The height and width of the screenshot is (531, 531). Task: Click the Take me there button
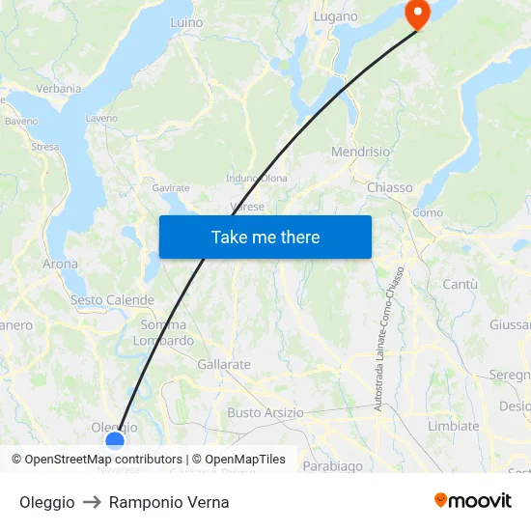pyautogui.click(x=265, y=237)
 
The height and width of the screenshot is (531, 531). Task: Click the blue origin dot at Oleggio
pyautogui.click(x=115, y=441)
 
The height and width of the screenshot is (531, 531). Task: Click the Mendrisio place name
pyautogui.click(x=360, y=153)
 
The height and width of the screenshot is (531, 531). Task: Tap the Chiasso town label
pyautogui.click(x=390, y=187)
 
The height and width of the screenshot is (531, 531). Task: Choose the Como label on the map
pyautogui.click(x=428, y=212)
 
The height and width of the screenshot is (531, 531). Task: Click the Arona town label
pyautogui.click(x=61, y=264)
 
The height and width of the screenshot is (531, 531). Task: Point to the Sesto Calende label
pyautogui.click(x=112, y=300)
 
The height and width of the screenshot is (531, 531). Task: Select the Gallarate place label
pyautogui.click(x=224, y=365)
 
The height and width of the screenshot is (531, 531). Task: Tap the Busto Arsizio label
pyautogui.click(x=265, y=412)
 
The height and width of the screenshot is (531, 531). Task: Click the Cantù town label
pyautogui.click(x=460, y=284)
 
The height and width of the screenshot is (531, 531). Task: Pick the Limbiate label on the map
pyautogui.click(x=453, y=426)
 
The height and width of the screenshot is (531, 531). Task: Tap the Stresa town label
pyautogui.click(x=44, y=148)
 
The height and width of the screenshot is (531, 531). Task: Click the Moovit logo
pyautogui.click(x=473, y=500)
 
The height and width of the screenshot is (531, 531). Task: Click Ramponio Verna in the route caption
pyautogui.click(x=169, y=502)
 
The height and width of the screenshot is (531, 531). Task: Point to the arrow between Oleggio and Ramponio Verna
pyautogui.click(x=92, y=502)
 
